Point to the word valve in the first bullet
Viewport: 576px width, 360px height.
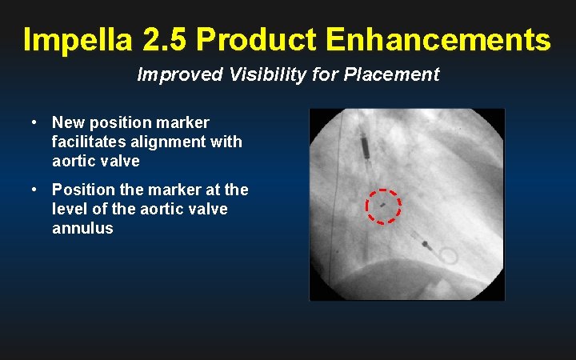[122, 161]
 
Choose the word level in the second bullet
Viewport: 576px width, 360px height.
[69, 209]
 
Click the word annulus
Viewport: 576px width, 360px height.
[82, 228]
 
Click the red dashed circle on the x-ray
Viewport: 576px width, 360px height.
[383, 206]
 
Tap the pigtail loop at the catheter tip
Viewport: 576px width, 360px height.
[449, 257]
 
